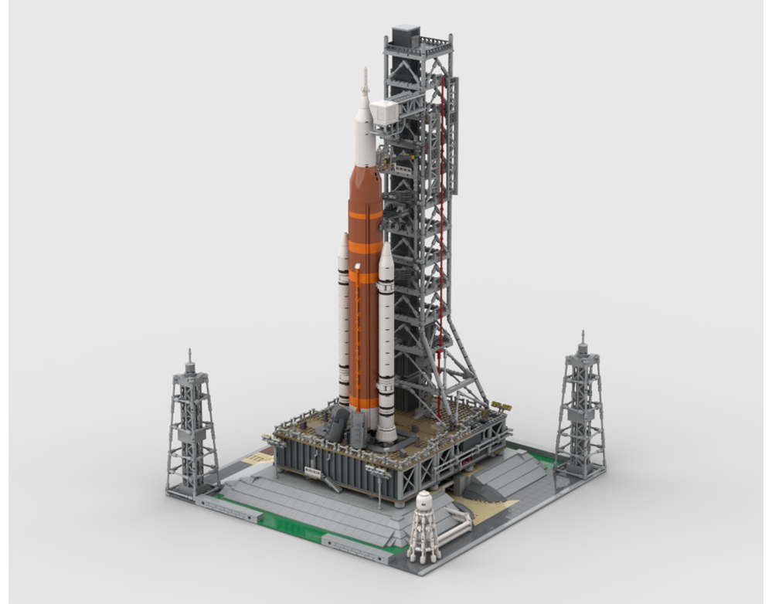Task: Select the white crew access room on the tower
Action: click(x=386, y=114)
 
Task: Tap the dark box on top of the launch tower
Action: click(x=406, y=36)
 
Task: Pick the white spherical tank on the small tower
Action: click(x=424, y=502)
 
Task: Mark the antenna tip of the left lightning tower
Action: click(x=189, y=352)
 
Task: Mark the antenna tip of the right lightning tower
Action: click(x=583, y=334)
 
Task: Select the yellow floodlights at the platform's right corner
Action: click(x=500, y=405)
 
